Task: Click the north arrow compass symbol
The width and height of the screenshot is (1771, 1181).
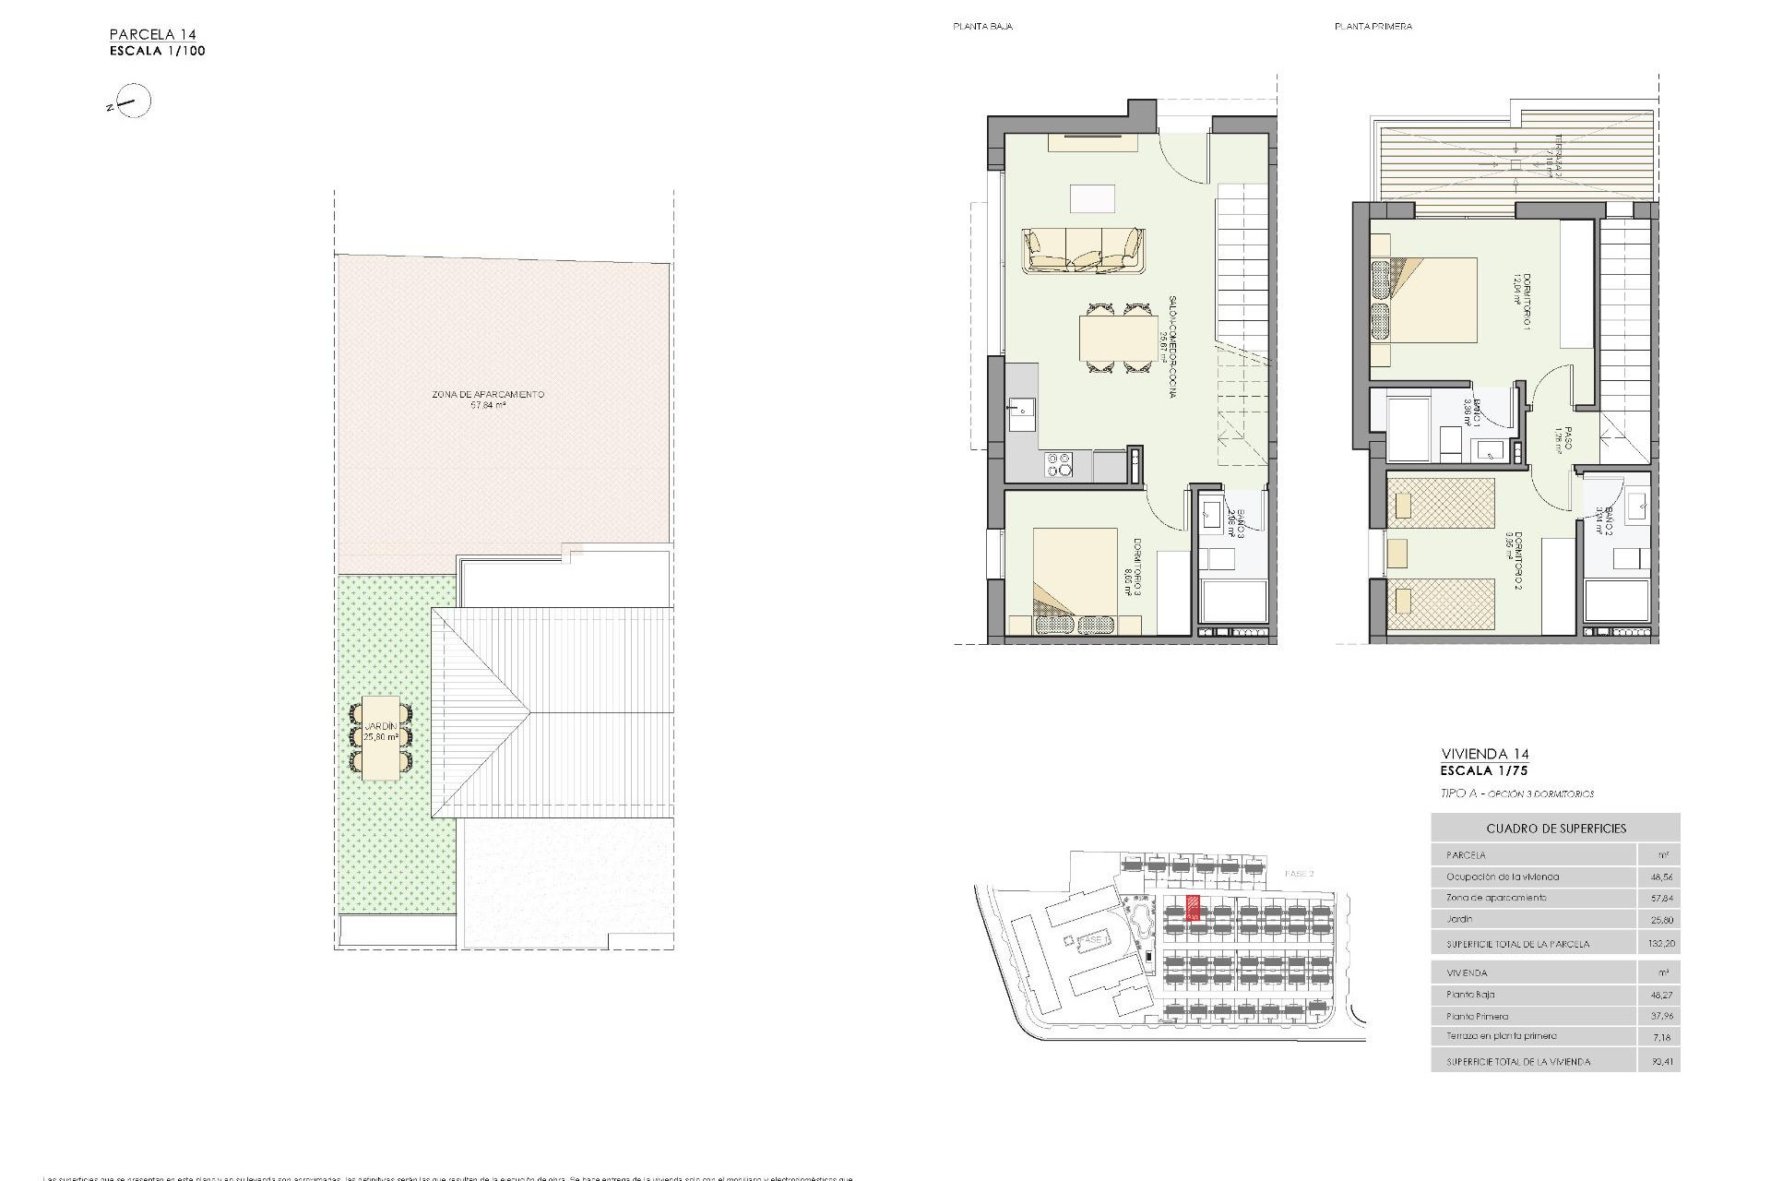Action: [135, 101]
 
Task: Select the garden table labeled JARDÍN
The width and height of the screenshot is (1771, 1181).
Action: [381, 737]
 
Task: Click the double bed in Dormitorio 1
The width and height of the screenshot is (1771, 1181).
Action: [1424, 301]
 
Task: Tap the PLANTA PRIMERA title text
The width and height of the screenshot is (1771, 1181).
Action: [1373, 27]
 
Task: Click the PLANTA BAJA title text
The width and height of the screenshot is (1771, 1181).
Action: [982, 27]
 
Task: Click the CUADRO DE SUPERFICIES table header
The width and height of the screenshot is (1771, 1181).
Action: [1556, 829]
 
